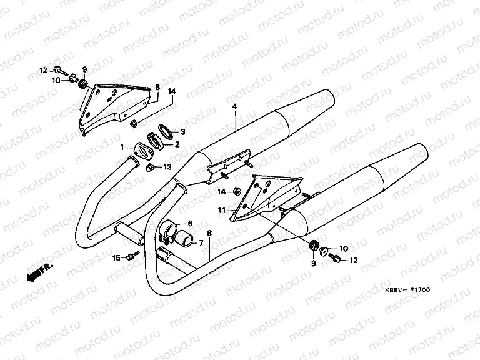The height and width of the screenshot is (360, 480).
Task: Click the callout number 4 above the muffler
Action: (235, 107)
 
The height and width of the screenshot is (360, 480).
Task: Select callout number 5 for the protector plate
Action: (157, 88)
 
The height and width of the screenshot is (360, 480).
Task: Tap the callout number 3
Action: (182, 132)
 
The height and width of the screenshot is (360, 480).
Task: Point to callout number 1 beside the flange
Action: (123, 147)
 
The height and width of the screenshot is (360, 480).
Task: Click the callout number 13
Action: (167, 167)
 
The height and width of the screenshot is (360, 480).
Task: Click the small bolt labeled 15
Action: (131, 256)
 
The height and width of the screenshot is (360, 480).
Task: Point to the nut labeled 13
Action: (151, 167)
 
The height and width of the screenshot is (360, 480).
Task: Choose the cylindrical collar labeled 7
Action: (186, 239)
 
